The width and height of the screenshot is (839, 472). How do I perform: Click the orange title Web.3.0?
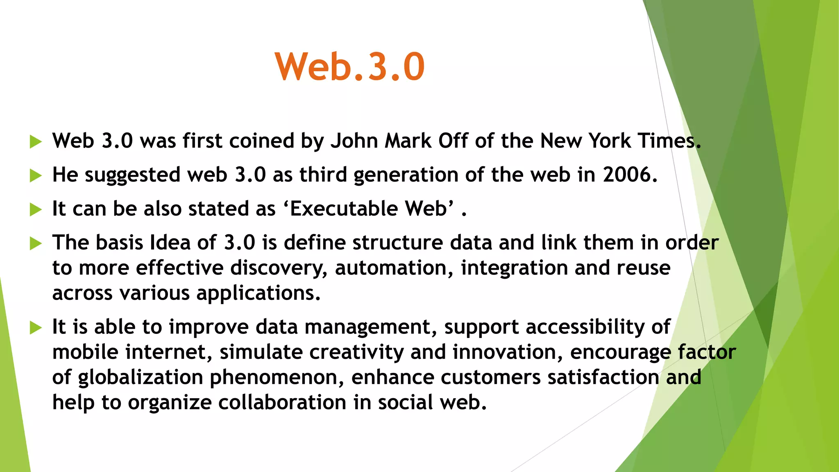point(350,67)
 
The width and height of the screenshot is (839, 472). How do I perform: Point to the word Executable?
point(344,209)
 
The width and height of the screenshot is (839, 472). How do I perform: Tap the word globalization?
point(141,378)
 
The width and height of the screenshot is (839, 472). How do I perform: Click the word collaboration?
point(282,403)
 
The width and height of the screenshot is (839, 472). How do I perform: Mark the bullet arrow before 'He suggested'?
point(36,176)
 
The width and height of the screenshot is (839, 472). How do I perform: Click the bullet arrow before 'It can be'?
point(36,210)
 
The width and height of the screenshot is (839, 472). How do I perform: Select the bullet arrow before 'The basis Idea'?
point(36,243)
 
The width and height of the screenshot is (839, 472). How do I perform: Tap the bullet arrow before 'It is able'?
point(36,328)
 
